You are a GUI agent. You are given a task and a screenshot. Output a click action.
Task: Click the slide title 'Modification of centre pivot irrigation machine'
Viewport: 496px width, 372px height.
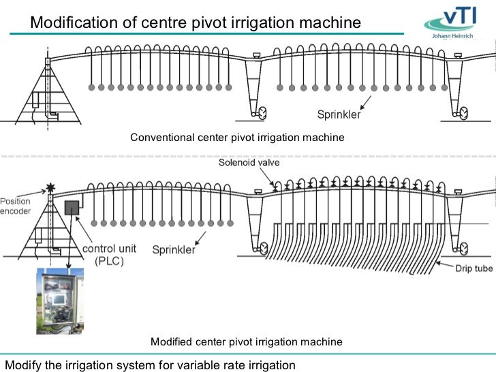click(195, 22)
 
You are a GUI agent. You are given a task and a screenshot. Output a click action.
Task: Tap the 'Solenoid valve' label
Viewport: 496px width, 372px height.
click(249, 163)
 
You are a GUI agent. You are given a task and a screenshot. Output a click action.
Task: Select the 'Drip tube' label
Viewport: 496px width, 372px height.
click(474, 268)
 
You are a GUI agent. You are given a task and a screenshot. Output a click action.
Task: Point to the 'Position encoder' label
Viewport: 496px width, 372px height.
click(15, 206)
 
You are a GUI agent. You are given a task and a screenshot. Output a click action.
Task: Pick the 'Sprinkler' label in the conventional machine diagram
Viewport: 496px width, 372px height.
click(337, 115)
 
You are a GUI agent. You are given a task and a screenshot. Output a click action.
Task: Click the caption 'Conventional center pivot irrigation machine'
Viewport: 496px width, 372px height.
click(237, 138)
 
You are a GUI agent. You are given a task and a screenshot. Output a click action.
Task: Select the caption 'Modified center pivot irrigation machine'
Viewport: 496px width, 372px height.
click(246, 341)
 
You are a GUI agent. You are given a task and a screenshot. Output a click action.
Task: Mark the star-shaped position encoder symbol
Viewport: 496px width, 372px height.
click(50, 187)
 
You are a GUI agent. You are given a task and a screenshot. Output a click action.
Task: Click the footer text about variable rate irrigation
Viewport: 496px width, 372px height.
click(151, 365)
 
